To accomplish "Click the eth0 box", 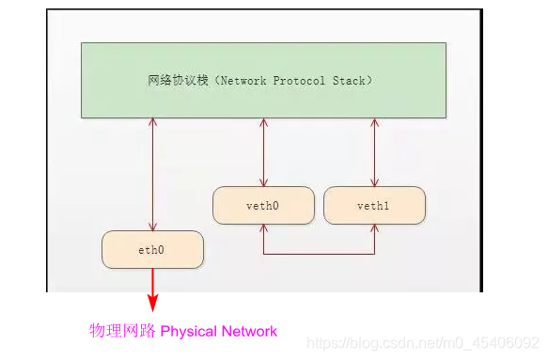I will point(152,249).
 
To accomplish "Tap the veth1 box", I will point(374,205).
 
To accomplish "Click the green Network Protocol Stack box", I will point(263,80).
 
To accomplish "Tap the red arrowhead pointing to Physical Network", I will point(152,303).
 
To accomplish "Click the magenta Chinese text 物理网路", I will point(122,331).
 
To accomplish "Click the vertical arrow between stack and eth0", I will point(152,174).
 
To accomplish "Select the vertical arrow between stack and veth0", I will point(264,152).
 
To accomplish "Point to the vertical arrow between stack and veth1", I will point(374,152).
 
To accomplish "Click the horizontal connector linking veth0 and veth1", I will point(320,254).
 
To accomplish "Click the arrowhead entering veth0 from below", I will point(264,229).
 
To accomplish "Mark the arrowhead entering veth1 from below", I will point(374,229).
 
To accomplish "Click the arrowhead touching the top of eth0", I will point(152,226).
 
